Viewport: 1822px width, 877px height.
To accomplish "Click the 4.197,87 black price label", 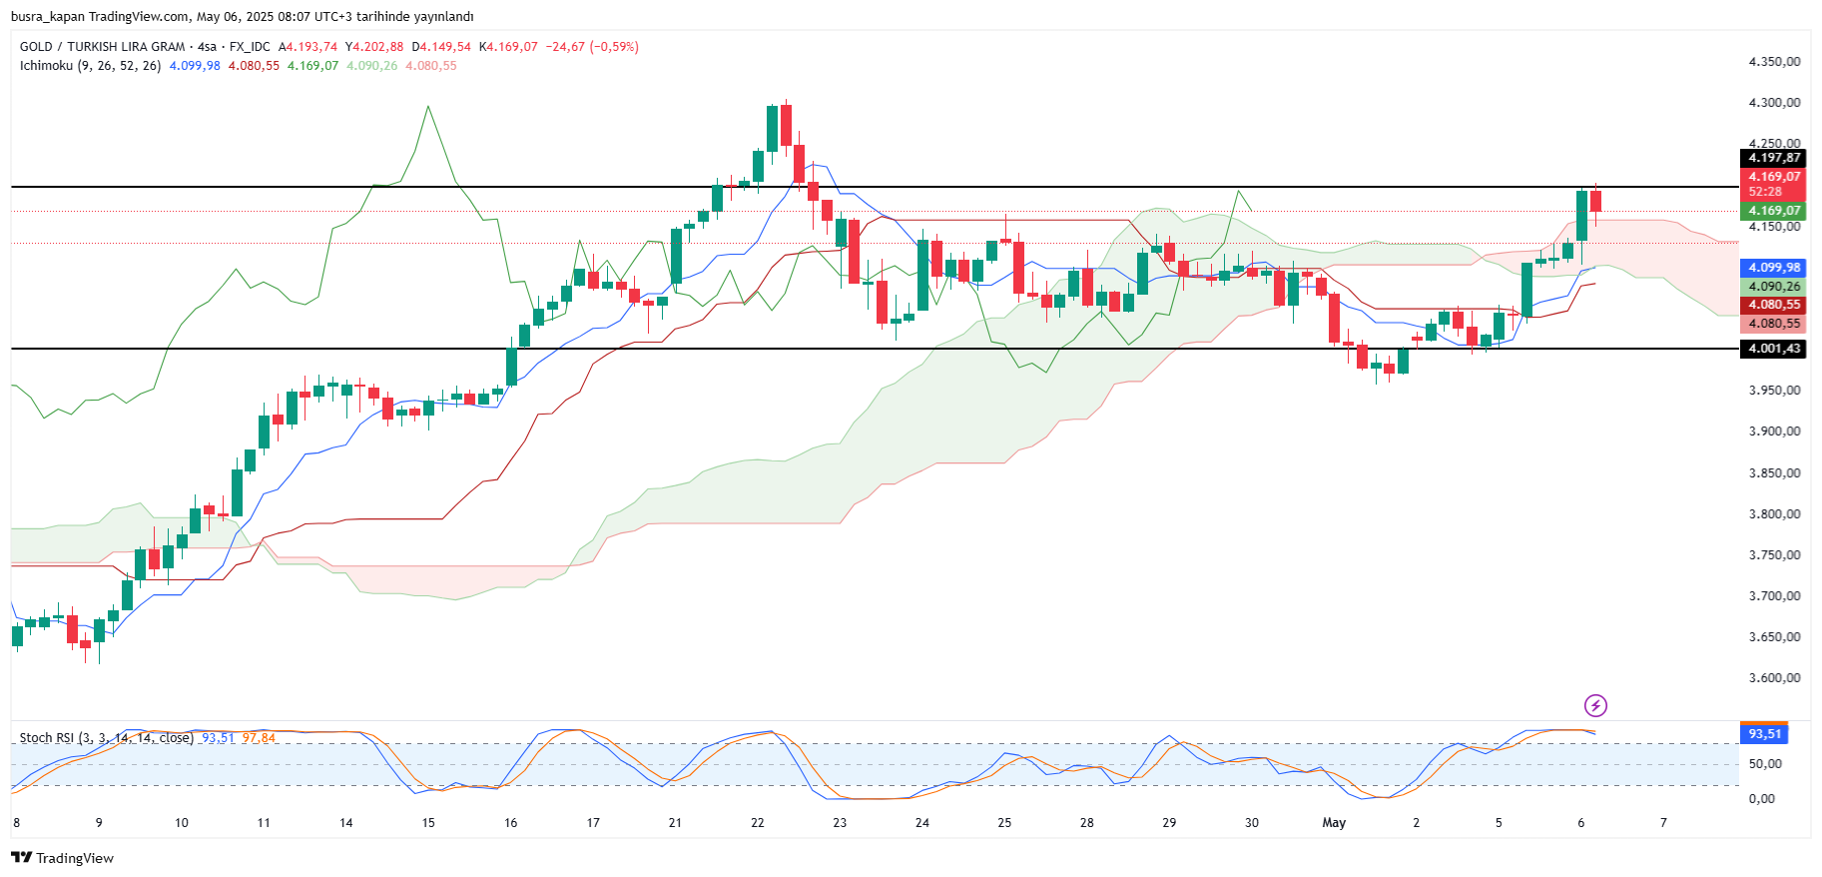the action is tap(1774, 158).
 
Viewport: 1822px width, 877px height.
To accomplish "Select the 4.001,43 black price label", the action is tap(1774, 349).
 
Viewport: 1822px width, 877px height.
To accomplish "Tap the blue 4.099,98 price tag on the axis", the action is tap(1774, 268).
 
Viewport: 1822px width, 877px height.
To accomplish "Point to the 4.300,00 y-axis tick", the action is tap(1774, 102).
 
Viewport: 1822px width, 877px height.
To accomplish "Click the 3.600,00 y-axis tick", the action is tap(1774, 677).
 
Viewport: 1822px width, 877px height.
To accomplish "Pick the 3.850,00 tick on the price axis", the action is tap(1774, 472).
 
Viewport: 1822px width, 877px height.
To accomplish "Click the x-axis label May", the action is tap(1334, 823).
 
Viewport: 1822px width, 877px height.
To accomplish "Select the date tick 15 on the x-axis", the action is tap(428, 823).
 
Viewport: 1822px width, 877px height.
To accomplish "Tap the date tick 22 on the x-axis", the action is tap(758, 823).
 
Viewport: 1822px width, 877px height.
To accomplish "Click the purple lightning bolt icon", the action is tap(1595, 706).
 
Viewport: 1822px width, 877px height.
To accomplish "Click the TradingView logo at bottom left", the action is tap(62, 858).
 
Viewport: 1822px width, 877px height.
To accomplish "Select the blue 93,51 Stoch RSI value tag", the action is tap(1764, 734).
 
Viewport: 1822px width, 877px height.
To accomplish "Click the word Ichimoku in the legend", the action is tap(46, 66).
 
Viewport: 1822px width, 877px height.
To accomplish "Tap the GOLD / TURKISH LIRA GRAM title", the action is tap(102, 47).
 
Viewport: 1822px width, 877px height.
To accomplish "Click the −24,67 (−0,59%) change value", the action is tap(592, 47).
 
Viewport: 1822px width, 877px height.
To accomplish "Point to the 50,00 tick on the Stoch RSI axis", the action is tap(1765, 764).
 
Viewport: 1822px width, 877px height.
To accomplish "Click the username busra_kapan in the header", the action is tap(47, 17).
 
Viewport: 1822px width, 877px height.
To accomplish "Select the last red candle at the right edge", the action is tap(1595, 202).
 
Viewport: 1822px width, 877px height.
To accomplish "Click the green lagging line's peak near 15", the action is tap(428, 106).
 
